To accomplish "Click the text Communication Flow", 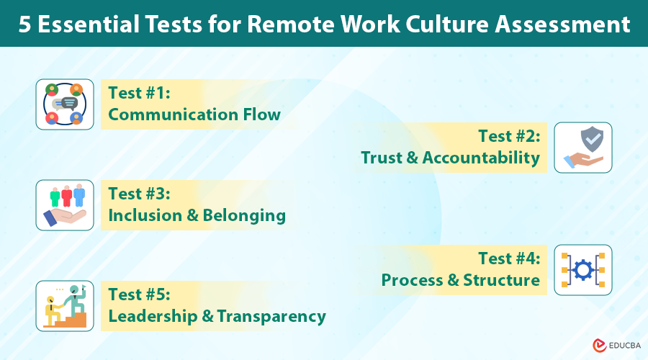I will click(194, 114).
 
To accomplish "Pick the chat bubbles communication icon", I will click(65, 104).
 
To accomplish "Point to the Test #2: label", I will click(509, 136).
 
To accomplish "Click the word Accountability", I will click(481, 158).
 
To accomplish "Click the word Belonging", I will click(245, 215).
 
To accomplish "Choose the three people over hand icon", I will click(65, 205).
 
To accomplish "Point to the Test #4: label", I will click(509, 258).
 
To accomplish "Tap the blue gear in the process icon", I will click(583, 270).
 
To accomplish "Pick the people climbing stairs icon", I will click(65, 306).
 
